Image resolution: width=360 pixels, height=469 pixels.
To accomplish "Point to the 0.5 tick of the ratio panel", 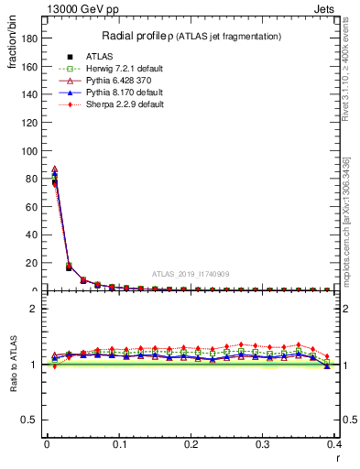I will coord(31,420).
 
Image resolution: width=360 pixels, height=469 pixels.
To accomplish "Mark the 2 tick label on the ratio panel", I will coord(35,309).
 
